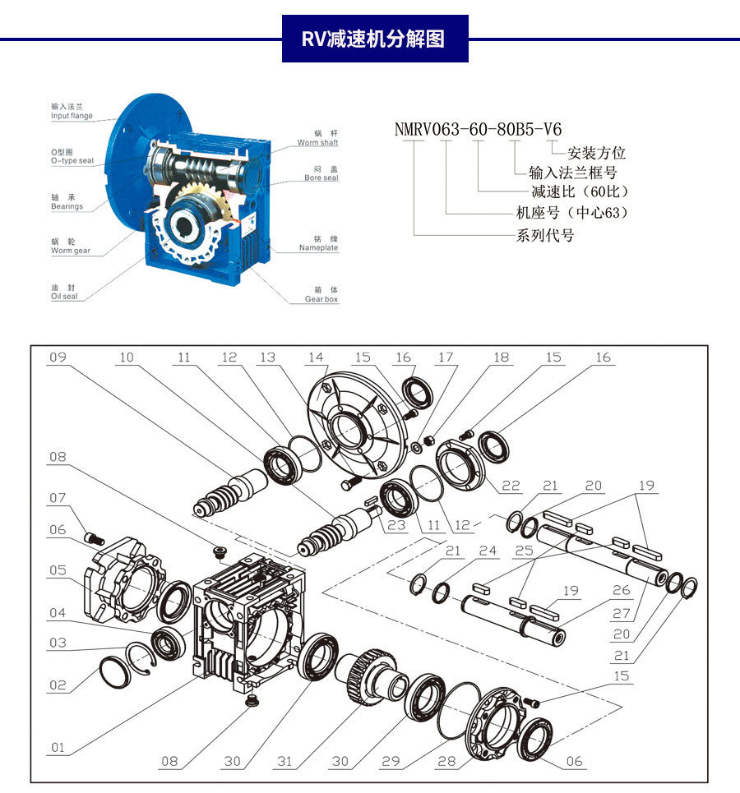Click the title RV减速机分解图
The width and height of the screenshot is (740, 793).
[375, 39]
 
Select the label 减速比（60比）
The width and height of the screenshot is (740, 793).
[580, 192]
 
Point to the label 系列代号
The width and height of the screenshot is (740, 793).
[544, 236]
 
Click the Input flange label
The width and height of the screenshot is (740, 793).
[72, 112]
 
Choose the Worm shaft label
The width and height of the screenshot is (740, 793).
[317, 138]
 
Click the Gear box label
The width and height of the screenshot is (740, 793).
[321, 295]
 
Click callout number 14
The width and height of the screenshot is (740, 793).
[317, 357]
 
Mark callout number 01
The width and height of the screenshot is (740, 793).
[57, 747]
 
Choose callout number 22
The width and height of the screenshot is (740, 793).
[511, 486]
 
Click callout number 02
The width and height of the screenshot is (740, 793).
[57, 685]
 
